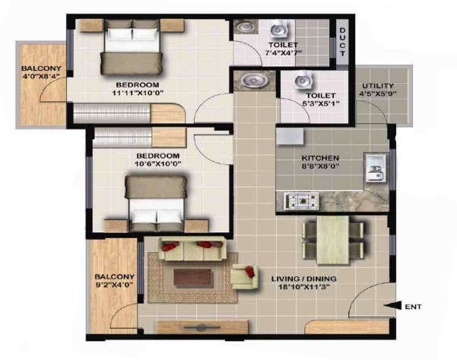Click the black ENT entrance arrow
pos(392,306)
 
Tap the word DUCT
pos(342,42)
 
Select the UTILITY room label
pos(378,86)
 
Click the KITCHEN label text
pos(320,158)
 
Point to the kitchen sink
pos(376,168)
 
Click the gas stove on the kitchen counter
pos(302,201)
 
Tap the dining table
pos(333,240)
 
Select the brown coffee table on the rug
pos(192,278)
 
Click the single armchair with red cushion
pos(245,276)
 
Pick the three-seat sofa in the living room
pos(192,249)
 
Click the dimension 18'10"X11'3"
pos(304,287)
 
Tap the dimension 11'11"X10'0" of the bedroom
pos(138,93)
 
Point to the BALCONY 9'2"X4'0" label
pos(115,280)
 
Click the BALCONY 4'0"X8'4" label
pos(41,72)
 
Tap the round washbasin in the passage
pos(254,79)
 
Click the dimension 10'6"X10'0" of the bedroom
pos(158,164)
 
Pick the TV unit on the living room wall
pos(202,327)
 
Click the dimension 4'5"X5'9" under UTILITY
pos(378,94)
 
